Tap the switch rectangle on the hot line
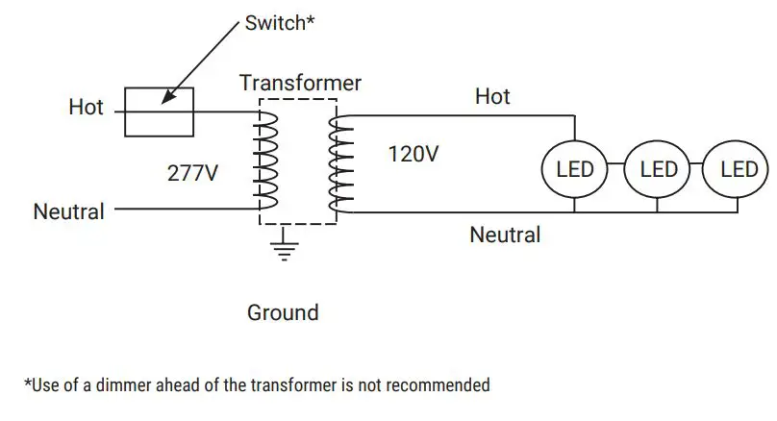(x=161, y=111)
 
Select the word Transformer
(x=300, y=84)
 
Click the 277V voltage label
(x=191, y=174)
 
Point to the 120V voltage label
(x=414, y=154)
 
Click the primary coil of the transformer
(x=264, y=160)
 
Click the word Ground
(x=283, y=312)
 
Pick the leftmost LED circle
(x=575, y=170)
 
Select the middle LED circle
(x=658, y=170)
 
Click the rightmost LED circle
(x=738, y=170)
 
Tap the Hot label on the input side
(x=86, y=107)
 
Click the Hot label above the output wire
(x=492, y=96)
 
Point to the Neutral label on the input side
(x=68, y=211)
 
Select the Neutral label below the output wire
(x=505, y=235)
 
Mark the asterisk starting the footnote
(x=27, y=382)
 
